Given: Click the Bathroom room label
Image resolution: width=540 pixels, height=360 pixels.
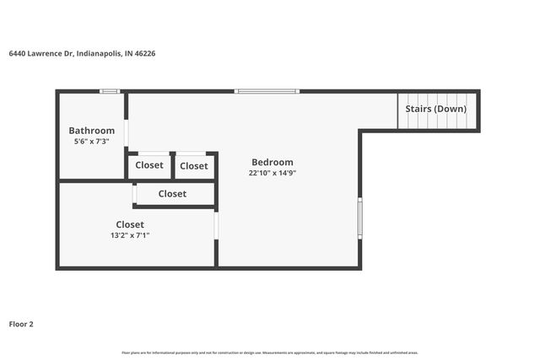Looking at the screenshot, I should coord(91,131).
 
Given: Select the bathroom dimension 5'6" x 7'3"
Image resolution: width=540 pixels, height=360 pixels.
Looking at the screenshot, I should coord(91,142).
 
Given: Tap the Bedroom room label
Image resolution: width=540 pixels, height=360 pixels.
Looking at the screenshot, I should coord(272,162).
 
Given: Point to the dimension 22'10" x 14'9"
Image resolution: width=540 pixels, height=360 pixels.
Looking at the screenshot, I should coord(272,173).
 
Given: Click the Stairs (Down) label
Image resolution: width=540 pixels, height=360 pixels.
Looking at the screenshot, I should coord(435,109).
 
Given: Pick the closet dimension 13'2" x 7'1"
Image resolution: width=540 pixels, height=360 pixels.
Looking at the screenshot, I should coord(130,235).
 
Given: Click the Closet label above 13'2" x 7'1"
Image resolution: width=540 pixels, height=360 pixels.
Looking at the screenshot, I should coord(130,224).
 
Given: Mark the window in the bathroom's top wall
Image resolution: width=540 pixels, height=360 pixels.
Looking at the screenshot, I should coord(109,91).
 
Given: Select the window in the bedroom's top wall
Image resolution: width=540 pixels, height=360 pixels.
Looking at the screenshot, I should coord(266,91).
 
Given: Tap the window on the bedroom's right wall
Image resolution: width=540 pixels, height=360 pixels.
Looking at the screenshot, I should coord(359,218).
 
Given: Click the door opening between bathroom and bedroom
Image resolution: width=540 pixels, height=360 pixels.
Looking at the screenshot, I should coord(127,133).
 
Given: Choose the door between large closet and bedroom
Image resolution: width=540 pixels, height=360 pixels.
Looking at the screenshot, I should coord(216,225).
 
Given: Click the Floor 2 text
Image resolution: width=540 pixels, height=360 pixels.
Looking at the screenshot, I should coord(21,323).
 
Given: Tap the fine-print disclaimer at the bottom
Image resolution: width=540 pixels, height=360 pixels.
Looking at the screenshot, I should coord(270,352).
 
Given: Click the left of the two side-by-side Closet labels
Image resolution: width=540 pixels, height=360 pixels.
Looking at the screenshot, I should coord(149,165).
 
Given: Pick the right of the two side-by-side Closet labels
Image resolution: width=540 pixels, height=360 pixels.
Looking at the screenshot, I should coord(194,166).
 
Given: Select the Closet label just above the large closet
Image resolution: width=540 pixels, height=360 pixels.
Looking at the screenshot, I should coord(172,194).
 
